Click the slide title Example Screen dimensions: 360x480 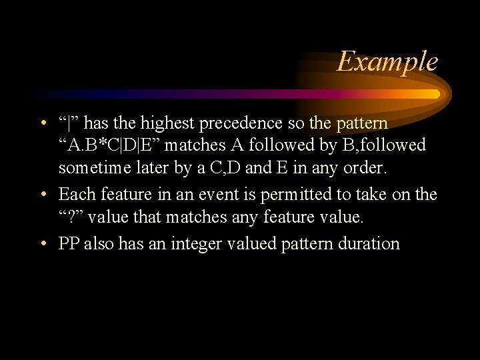(x=387, y=62)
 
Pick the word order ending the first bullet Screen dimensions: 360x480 (x=366, y=167)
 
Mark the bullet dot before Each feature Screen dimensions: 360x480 (x=43, y=195)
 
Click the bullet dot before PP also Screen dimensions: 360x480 (x=43, y=243)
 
